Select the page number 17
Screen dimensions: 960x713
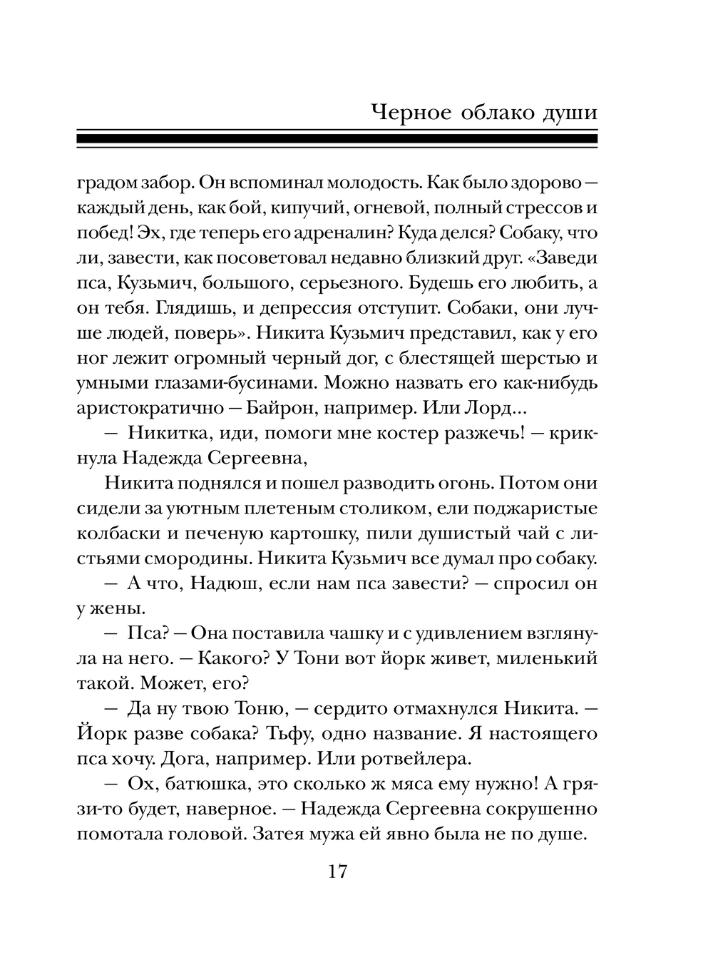(x=337, y=871)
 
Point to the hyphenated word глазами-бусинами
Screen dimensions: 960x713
(x=230, y=384)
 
